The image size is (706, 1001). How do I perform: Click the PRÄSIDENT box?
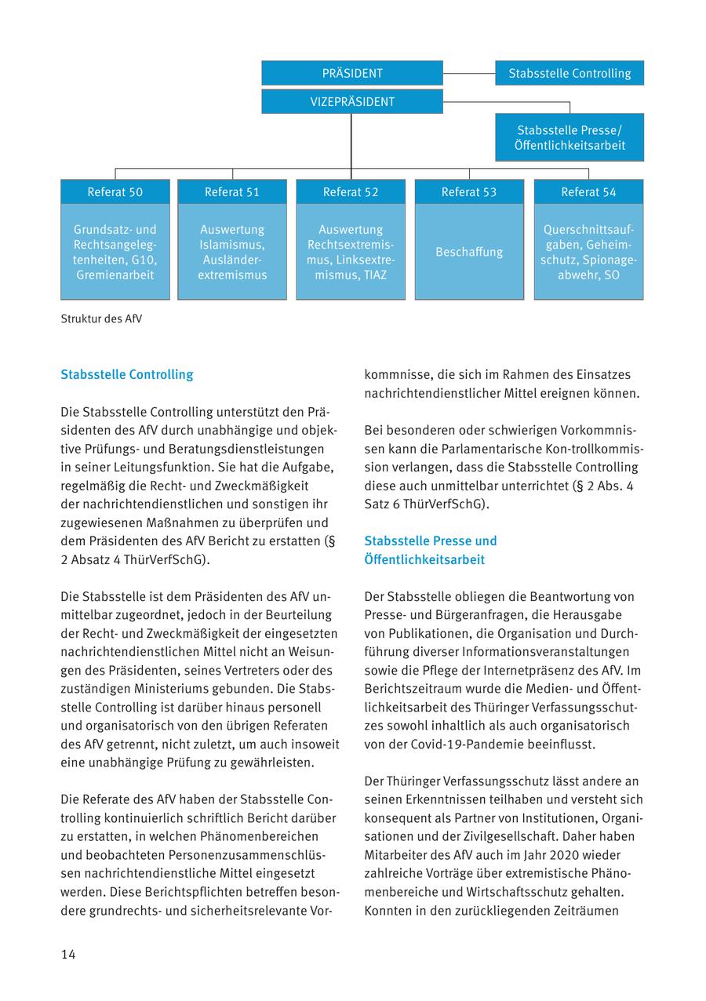point(352,73)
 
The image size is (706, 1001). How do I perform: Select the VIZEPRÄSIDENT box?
point(352,102)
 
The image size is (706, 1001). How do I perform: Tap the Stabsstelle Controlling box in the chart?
point(570,73)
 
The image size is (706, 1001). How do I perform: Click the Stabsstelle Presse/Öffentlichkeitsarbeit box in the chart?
point(570,137)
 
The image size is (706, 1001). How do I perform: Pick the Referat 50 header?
point(115,192)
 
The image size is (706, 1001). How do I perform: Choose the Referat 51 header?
point(232,192)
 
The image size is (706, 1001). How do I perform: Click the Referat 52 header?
point(351,192)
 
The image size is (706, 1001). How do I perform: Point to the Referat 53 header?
point(469,192)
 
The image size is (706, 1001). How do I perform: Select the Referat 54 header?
point(588,192)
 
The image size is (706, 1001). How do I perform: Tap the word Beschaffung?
point(469,252)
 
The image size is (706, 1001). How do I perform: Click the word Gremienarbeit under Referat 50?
point(115,275)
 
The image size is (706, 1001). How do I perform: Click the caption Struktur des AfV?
point(101,319)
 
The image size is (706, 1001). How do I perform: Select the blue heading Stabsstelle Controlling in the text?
point(126,375)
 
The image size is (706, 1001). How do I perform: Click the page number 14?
point(68,954)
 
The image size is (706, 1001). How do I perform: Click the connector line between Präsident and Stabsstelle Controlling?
point(469,73)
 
